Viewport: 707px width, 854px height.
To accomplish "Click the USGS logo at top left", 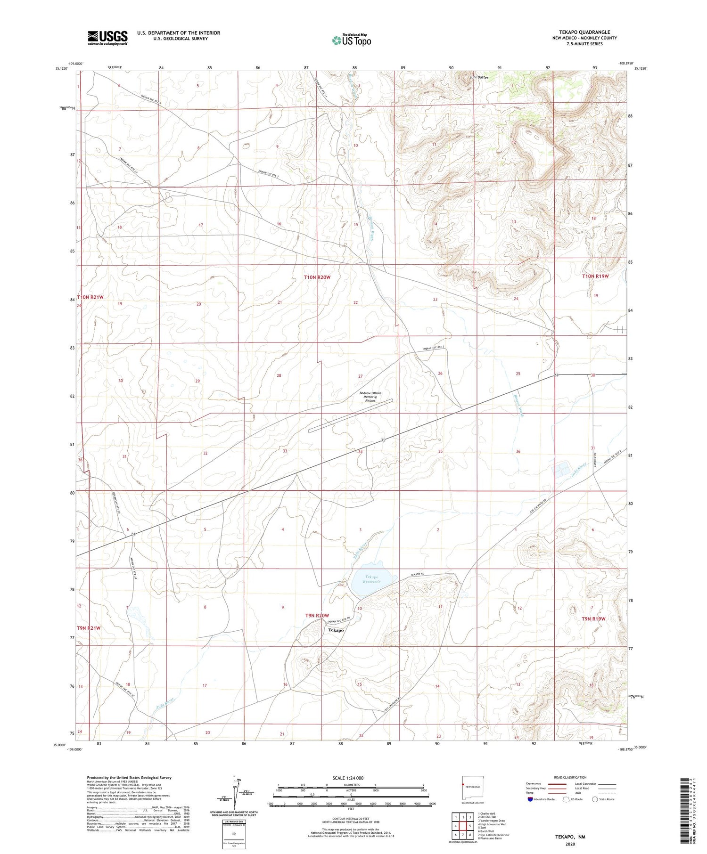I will [107, 38].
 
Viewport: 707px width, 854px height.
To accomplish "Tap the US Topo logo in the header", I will [352, 41].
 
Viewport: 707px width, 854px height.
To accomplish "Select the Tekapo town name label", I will [336, 630].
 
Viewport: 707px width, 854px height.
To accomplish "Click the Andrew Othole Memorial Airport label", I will [370, 397].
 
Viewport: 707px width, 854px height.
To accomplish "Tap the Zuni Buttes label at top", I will [479, 77].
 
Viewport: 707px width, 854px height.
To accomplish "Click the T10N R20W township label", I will [317, 278].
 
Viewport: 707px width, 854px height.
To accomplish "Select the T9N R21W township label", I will [89, 628].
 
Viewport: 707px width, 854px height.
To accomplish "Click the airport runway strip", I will [350, 416].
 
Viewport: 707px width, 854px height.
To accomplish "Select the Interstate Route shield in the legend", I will [530, 799].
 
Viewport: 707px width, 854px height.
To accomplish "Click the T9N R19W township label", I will [593, 618].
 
